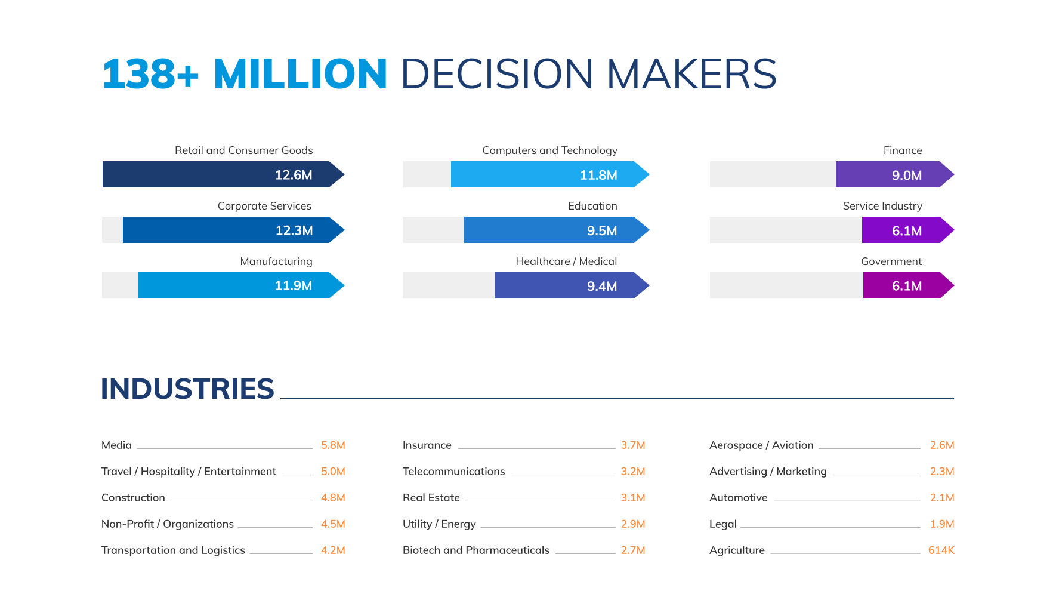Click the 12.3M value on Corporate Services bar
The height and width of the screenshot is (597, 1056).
click(x=294, y=230)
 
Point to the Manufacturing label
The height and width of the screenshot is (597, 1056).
click(x=276, y=261)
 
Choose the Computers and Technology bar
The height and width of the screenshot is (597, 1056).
click(x=543, y=174)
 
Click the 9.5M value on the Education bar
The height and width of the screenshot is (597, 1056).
click(x=602, y=230)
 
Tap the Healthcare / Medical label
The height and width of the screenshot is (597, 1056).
click(x=566, y=261)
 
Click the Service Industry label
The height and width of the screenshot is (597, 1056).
click(x=882, y=206)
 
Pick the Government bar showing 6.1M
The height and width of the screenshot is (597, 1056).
click(x=904, y=285)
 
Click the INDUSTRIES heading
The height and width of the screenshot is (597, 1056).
click(x=187, y=389)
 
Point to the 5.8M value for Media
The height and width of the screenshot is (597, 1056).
click(x=333, y=445)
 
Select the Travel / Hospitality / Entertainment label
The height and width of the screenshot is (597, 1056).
click(x=189, y=472)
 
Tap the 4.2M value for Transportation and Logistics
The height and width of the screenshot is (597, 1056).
click(x=333, y=550)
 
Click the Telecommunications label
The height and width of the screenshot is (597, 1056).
click(x=453, y=472)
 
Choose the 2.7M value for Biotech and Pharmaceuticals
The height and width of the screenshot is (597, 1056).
click(x=633, y=550)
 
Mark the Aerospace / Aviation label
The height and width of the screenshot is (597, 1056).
click(x=761, y=445)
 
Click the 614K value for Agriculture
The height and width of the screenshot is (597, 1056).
click(x=941, y=550)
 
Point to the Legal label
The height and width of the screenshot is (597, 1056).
click(x=723, y=524)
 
